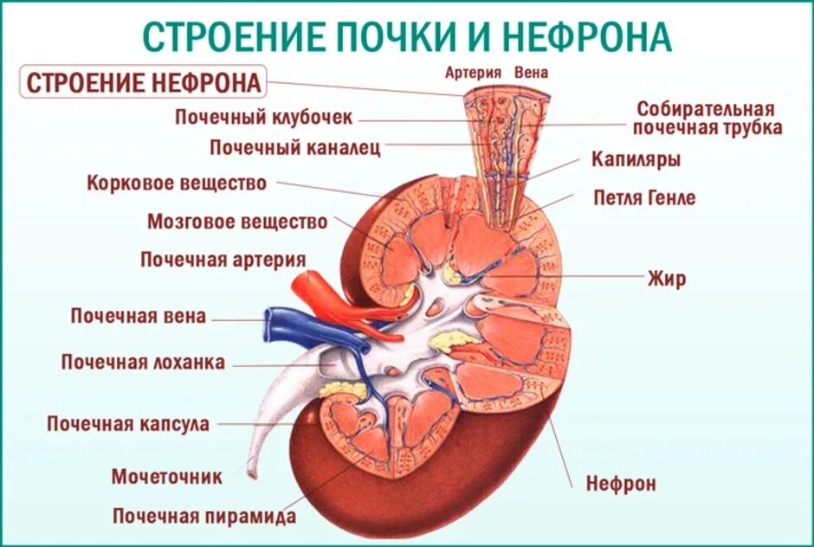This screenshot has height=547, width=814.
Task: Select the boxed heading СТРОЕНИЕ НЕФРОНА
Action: click(144, 83)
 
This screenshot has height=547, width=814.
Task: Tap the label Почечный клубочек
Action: click(264, 117)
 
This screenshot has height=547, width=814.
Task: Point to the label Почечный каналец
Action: click(294, 147)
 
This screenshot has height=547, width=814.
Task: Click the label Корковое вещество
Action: click(177, 183)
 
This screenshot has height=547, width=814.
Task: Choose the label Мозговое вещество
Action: click(237, 222)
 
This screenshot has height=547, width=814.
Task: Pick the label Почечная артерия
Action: click(223, 260)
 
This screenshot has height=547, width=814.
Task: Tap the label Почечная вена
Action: click(139, 316)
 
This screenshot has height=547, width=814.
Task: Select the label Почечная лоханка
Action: click(143, 362)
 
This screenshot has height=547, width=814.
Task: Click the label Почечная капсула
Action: click(128, 424)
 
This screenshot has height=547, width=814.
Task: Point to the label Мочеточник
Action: click(167, 476)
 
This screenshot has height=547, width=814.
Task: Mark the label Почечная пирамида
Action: click(204, 517)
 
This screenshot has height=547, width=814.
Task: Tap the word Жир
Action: click(667, 278)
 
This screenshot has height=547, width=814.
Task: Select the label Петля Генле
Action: click(644, 197)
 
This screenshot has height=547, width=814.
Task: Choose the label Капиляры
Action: click(636, 160)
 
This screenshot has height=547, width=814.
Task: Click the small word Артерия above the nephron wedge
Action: click(474, 73)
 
